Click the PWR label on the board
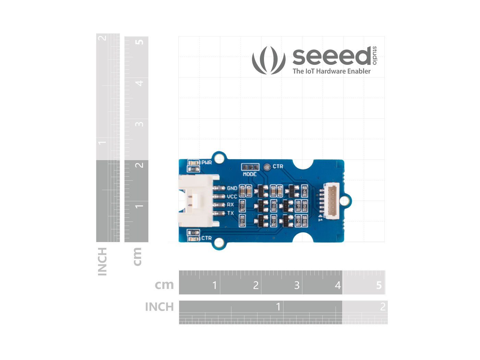[207, 162]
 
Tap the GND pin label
[232, 188]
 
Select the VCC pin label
[232, 196]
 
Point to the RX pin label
[230, 205]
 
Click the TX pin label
[230, 213]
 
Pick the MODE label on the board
[250, 174]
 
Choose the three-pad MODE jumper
[250, 167]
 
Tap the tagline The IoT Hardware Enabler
[332, 71]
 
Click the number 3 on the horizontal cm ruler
[297, 285]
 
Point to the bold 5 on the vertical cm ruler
[140, 42]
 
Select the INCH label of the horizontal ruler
[159, 307]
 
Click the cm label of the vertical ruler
[137, 256]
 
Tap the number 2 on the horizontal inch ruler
[383, 307]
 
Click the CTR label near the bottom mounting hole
[207, 238]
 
